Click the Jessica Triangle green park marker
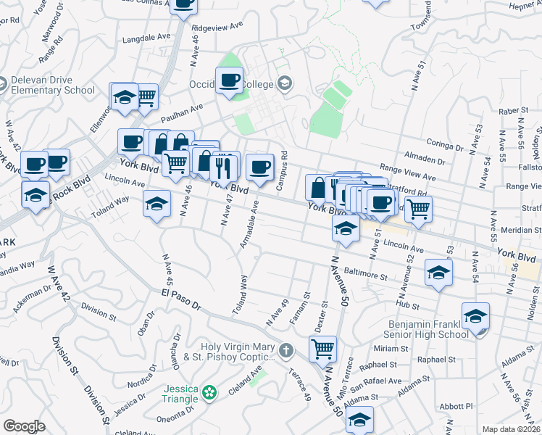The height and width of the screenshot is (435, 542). point(210,392)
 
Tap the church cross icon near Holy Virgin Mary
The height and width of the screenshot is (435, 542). point(287,351)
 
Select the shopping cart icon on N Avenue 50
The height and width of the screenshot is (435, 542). point(322,348)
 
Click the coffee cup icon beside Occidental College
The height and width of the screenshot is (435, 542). point(230,80)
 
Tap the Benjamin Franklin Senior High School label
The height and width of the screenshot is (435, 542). point(429,328)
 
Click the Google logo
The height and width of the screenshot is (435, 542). point(24,426)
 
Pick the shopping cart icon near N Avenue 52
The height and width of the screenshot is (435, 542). point(418,208)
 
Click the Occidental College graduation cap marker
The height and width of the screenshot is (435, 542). point(284,83)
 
